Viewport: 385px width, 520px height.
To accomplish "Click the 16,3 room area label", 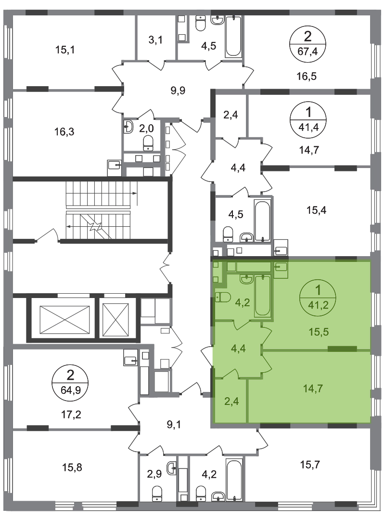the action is point(64,131).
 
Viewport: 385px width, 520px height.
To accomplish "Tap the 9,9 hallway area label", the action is point(178,90).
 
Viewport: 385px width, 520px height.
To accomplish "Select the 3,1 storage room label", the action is point(155,40).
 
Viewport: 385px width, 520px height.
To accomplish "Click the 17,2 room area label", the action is point(72,415).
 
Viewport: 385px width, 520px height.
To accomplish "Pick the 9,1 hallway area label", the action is point(173,425).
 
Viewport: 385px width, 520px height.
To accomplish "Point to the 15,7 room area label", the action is point(310,465).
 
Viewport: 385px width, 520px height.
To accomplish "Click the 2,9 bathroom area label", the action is point(154,474).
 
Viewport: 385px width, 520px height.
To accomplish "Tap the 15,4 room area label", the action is point(316,210).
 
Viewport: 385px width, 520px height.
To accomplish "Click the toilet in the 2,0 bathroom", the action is point(148,143).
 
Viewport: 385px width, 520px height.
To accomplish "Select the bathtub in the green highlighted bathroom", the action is point(262,295).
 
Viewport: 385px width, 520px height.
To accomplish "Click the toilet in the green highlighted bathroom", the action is point(223,298).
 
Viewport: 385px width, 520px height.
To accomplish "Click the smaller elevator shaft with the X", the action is point(115,320).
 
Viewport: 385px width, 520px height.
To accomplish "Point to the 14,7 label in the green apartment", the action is point(313,388).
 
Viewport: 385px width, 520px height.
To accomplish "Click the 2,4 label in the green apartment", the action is point(231,402).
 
